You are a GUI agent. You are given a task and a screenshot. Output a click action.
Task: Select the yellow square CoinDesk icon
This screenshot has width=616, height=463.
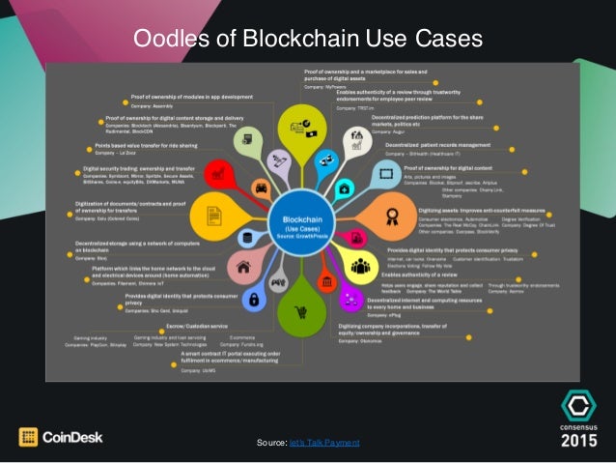29,437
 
